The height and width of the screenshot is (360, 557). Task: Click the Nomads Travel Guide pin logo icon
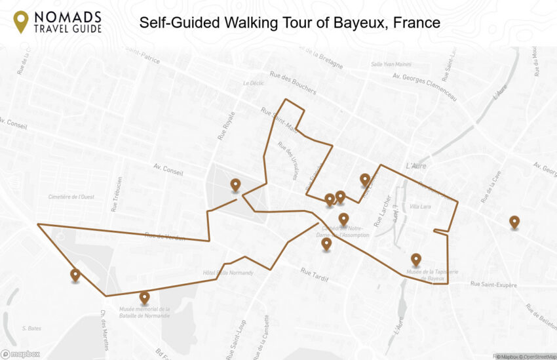pos(21,22)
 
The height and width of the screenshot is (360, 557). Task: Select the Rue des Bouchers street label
pos(293,82)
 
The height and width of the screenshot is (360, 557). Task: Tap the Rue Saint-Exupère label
pos(493,285)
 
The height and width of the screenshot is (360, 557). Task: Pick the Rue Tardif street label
pos(315,274)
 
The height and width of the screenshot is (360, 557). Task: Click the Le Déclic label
pos(252,83)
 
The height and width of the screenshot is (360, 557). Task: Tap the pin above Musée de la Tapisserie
pos(415,260)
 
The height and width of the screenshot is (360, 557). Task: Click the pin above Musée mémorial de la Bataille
pos(144,298)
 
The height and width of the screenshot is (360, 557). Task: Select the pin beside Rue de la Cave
pos(514,222)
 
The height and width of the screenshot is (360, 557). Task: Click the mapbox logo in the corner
pos(20,354)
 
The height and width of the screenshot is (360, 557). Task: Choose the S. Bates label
pos(32,328)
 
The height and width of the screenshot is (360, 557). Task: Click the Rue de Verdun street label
pos(165,237)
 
